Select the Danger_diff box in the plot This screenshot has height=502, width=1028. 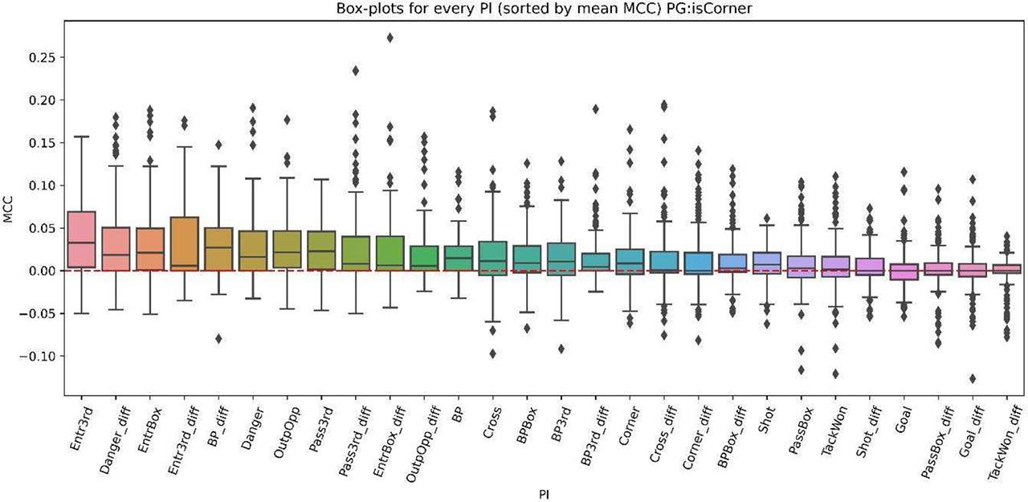116,249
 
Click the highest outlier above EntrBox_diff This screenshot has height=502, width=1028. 390,38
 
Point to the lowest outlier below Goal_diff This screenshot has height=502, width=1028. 973,378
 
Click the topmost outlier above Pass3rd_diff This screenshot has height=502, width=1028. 356,71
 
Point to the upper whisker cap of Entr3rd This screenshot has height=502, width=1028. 81,137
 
